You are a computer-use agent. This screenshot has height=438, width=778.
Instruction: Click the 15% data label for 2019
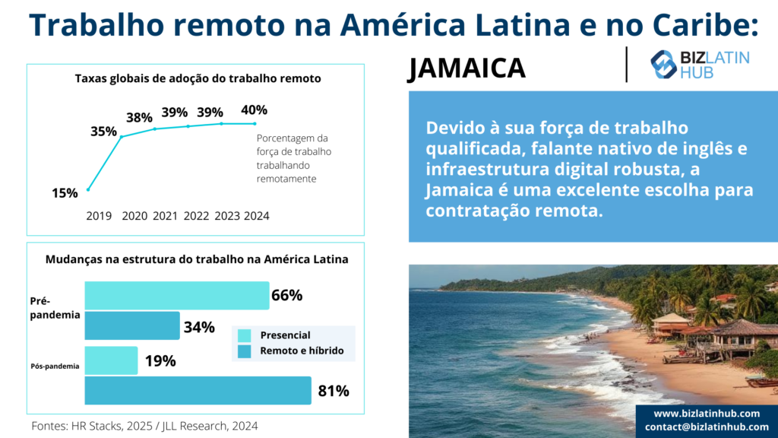(x=65, y=193)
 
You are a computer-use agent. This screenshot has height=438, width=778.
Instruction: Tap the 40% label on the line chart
(x=254, y=109)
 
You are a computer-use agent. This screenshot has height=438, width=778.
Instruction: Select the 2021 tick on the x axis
(x=165, y=216)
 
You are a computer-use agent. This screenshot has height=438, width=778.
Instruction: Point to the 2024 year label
(x=257, y=216)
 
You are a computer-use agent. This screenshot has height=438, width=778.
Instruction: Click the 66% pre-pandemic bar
(x=176, y=295)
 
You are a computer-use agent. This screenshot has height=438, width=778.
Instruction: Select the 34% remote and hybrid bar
(x=131, y=325)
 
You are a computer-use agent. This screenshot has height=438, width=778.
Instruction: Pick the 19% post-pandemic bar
(x=111, y=360)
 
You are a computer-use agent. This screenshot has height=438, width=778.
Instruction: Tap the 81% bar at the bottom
(x=198, y=391)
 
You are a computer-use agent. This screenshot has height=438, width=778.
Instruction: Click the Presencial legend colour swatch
(x=244, y=335)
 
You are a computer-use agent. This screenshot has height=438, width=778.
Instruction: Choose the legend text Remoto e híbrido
(x=302, y=351)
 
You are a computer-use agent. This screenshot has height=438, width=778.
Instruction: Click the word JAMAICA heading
(x=466, y=68)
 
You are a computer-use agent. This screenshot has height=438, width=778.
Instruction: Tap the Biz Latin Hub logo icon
(x=664, y=65)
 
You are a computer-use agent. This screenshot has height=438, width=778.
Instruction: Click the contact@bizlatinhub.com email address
(x=707, y=427)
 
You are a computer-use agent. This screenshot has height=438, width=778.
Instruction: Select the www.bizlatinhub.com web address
(x=707, y=414)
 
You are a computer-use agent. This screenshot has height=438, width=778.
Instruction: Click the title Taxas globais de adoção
(x=198, y=78)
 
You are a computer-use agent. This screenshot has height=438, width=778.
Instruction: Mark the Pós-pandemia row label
(x=55, y=367)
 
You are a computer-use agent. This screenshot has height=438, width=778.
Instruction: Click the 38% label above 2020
(x=139, y=118)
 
